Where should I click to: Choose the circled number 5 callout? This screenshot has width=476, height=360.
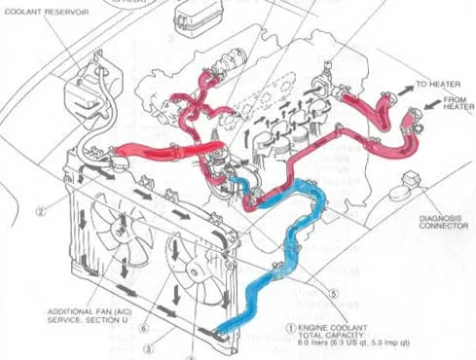[334, 291]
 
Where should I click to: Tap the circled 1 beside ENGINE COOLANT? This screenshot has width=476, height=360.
[292, 330]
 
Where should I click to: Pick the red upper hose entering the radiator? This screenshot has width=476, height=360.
[146, 153]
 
